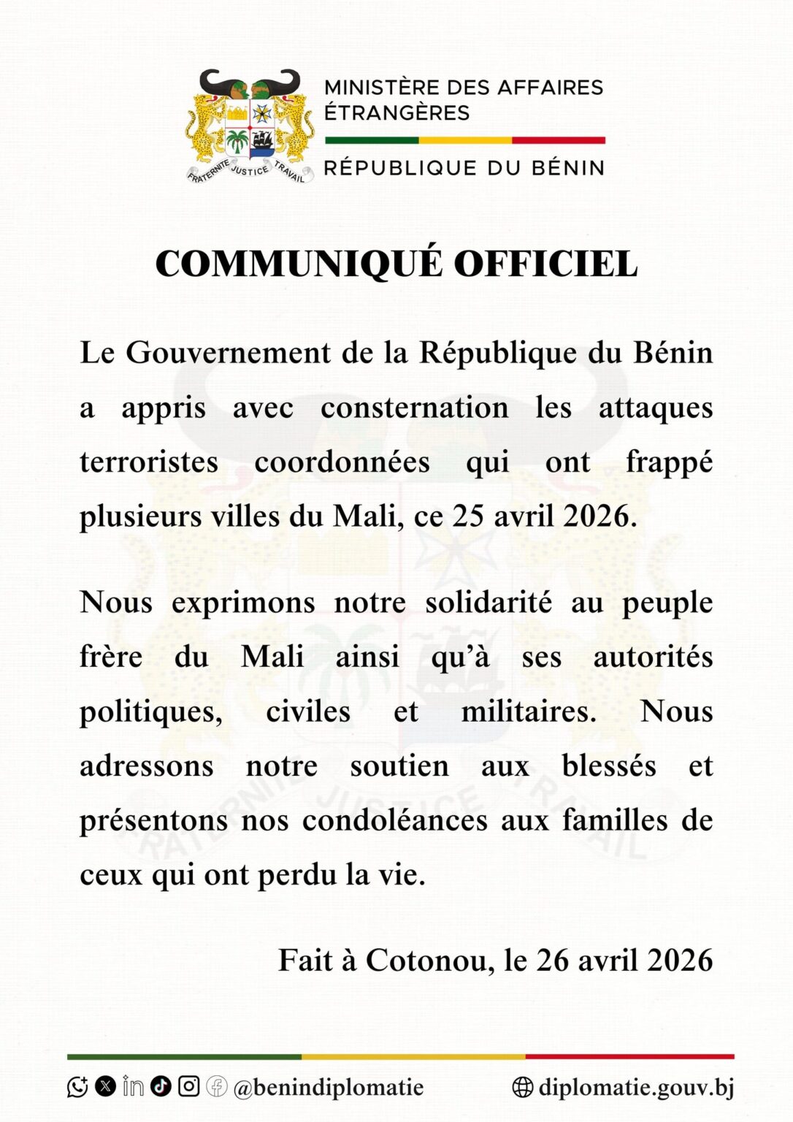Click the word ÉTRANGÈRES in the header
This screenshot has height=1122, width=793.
coord(396,113)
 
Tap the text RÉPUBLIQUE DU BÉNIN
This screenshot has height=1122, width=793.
coord(464,168)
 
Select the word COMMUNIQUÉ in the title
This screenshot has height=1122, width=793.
coord(299,264)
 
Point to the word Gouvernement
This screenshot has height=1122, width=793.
coord(228,354)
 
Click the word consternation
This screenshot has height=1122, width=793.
coord(414,408)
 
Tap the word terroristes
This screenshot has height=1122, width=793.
coord(149,462)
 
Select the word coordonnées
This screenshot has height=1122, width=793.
coord(342,462)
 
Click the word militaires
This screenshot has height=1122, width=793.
coord(529,711)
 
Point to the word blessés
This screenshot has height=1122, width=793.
coord(609,766)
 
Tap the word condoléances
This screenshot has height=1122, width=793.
coord(394,820)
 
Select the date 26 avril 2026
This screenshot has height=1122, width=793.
coord(624,960)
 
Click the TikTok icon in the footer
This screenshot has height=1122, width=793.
coord(161,1086)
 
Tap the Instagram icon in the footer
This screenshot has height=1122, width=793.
coord(189,1086)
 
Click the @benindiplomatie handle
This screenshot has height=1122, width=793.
coord(329,1087)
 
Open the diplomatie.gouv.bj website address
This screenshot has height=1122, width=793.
coord(635,1087)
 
